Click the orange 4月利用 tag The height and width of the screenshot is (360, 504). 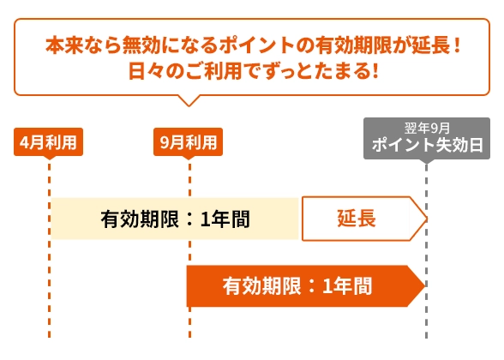coord(48,142)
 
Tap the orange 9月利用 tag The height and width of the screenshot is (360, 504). coord(188,142)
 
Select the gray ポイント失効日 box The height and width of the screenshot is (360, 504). coord(427,139)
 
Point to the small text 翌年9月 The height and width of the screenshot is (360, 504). coord(427,129)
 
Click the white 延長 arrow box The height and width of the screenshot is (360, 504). coord(364,219)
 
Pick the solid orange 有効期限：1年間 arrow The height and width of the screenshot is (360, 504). coord(306,285)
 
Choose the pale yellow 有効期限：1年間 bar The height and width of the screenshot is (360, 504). coord(175,219)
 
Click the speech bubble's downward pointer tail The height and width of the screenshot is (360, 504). coord(189,100)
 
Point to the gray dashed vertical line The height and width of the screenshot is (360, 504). coord(426,250)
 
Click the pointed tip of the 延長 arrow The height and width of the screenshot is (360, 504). coord(428,219)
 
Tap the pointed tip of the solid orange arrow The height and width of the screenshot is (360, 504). coord(425,285)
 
